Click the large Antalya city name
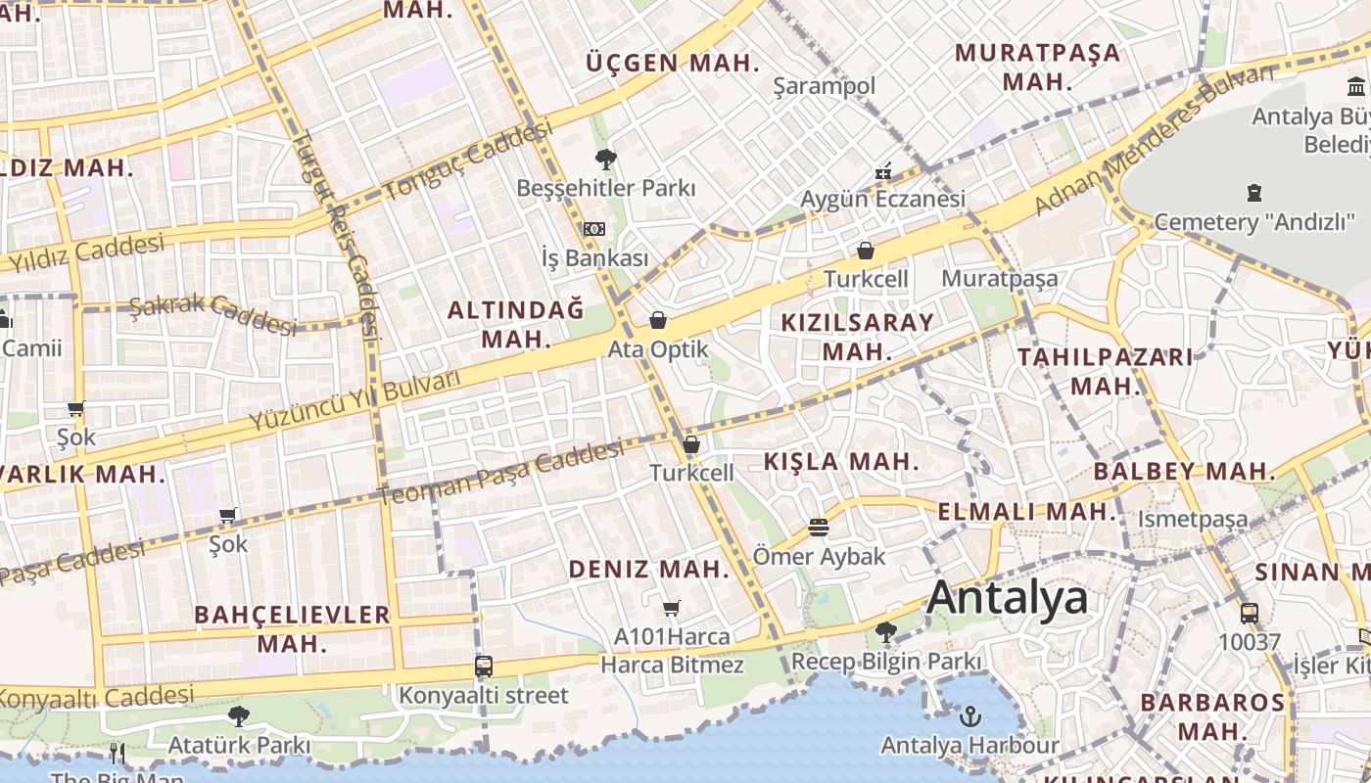point(1007,597)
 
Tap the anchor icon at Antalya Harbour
point(969,715)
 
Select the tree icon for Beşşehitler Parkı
point(606,159)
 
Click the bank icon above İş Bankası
point(594,229)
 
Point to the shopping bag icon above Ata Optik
point(658,320)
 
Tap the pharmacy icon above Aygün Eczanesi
point(883,171)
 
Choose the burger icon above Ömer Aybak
point(819,529)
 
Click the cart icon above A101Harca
point(672,609)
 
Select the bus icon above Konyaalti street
point(484,667)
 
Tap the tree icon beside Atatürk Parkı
point(238,716)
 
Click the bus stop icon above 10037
point(1250,614)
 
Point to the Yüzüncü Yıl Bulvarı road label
point(355,401)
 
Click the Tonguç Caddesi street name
point(468,161)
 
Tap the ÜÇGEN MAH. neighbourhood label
point(673,64)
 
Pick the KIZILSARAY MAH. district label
point(857,336)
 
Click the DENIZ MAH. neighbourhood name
point(649,569)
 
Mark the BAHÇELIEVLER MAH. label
point(292,628)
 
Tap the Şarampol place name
point(824,86)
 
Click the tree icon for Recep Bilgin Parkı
point(886,632)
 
